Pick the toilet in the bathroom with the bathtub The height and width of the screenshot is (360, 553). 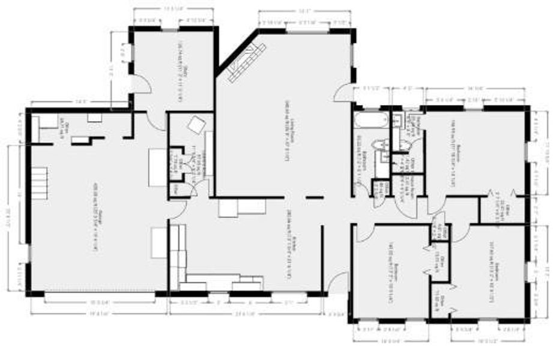[379, 146]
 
